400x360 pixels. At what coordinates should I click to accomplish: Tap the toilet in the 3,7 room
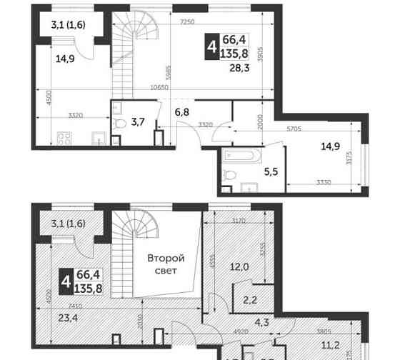[120, 125]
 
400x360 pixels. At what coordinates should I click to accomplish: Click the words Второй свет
[166, 265]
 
